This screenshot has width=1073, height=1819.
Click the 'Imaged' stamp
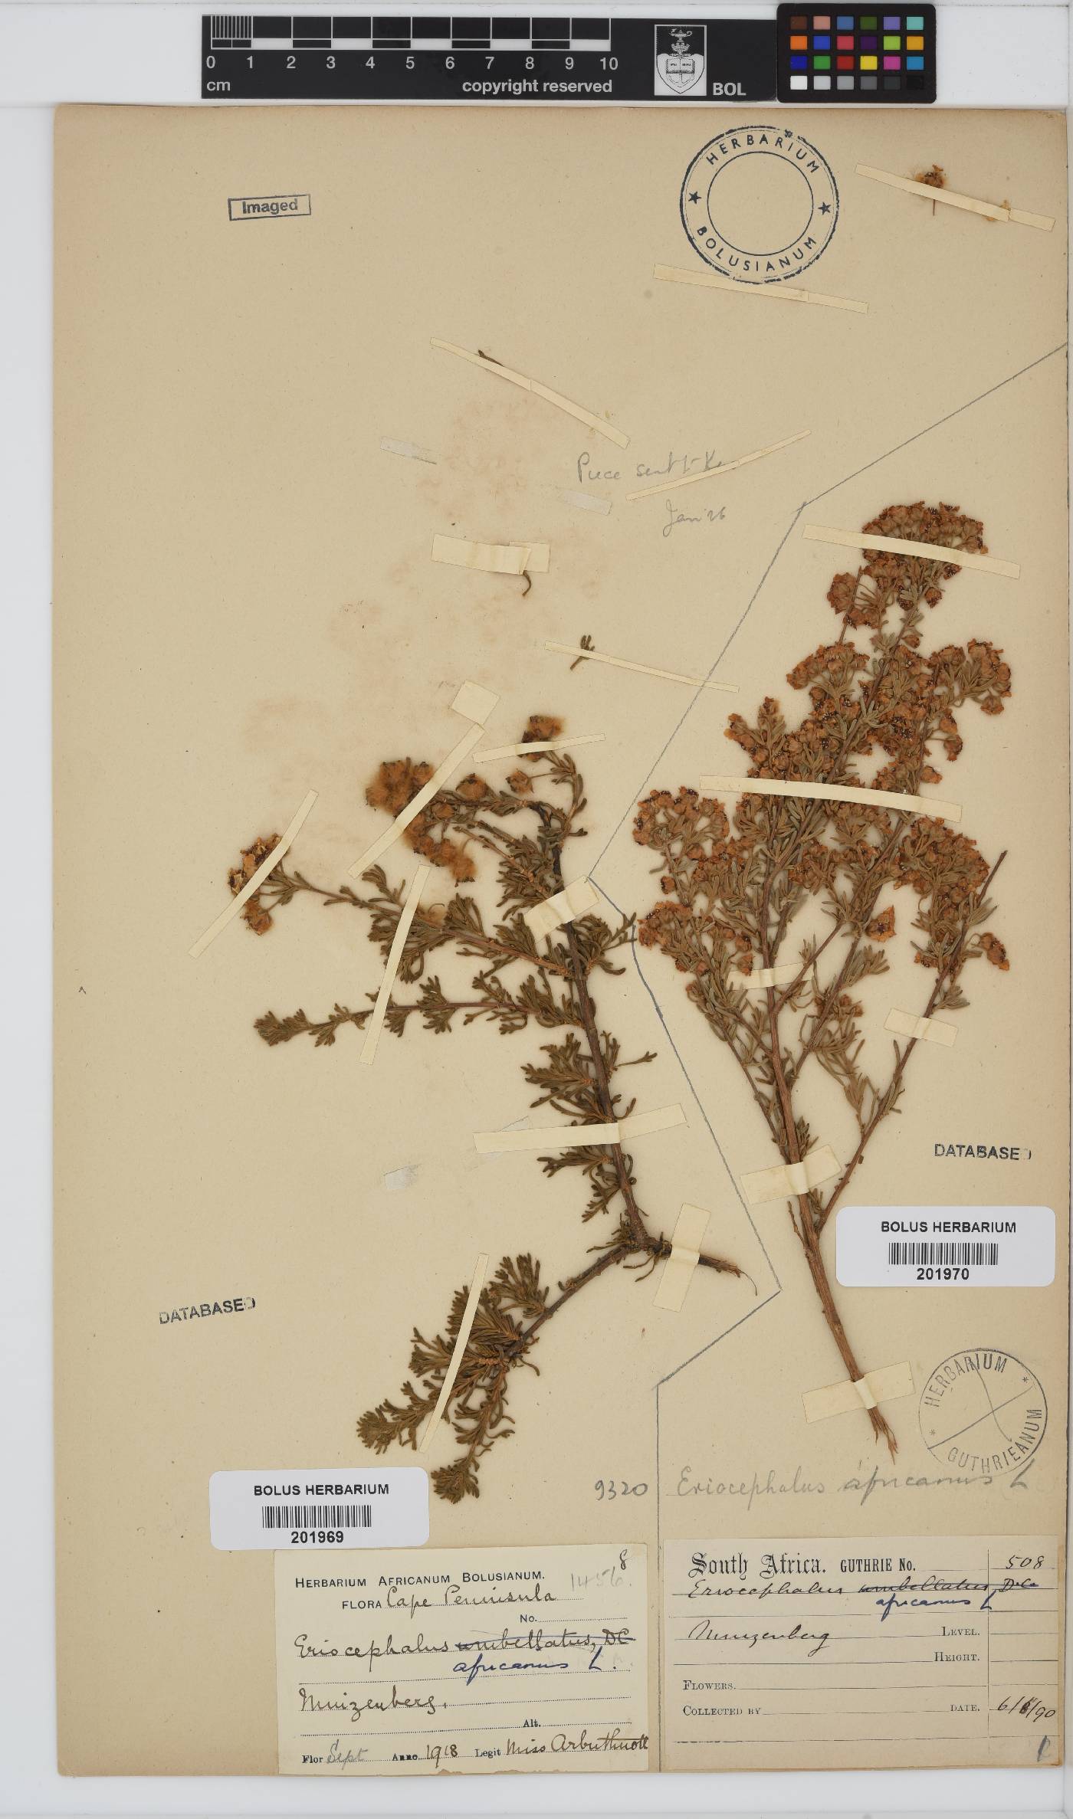pyautogui.click(x=269, y=206)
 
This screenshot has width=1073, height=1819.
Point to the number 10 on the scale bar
pyautogui.click(x=609, y=64)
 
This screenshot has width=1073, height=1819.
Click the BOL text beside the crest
pyautogui.click(x=728, y=88)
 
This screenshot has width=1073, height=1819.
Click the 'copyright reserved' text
pyautogui.click(x=536, y=87)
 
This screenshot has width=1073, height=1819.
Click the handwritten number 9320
pyautogui.click(x=621, y=1489)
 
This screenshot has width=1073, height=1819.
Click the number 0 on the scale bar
pyautogui.click(x=211, y=64)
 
